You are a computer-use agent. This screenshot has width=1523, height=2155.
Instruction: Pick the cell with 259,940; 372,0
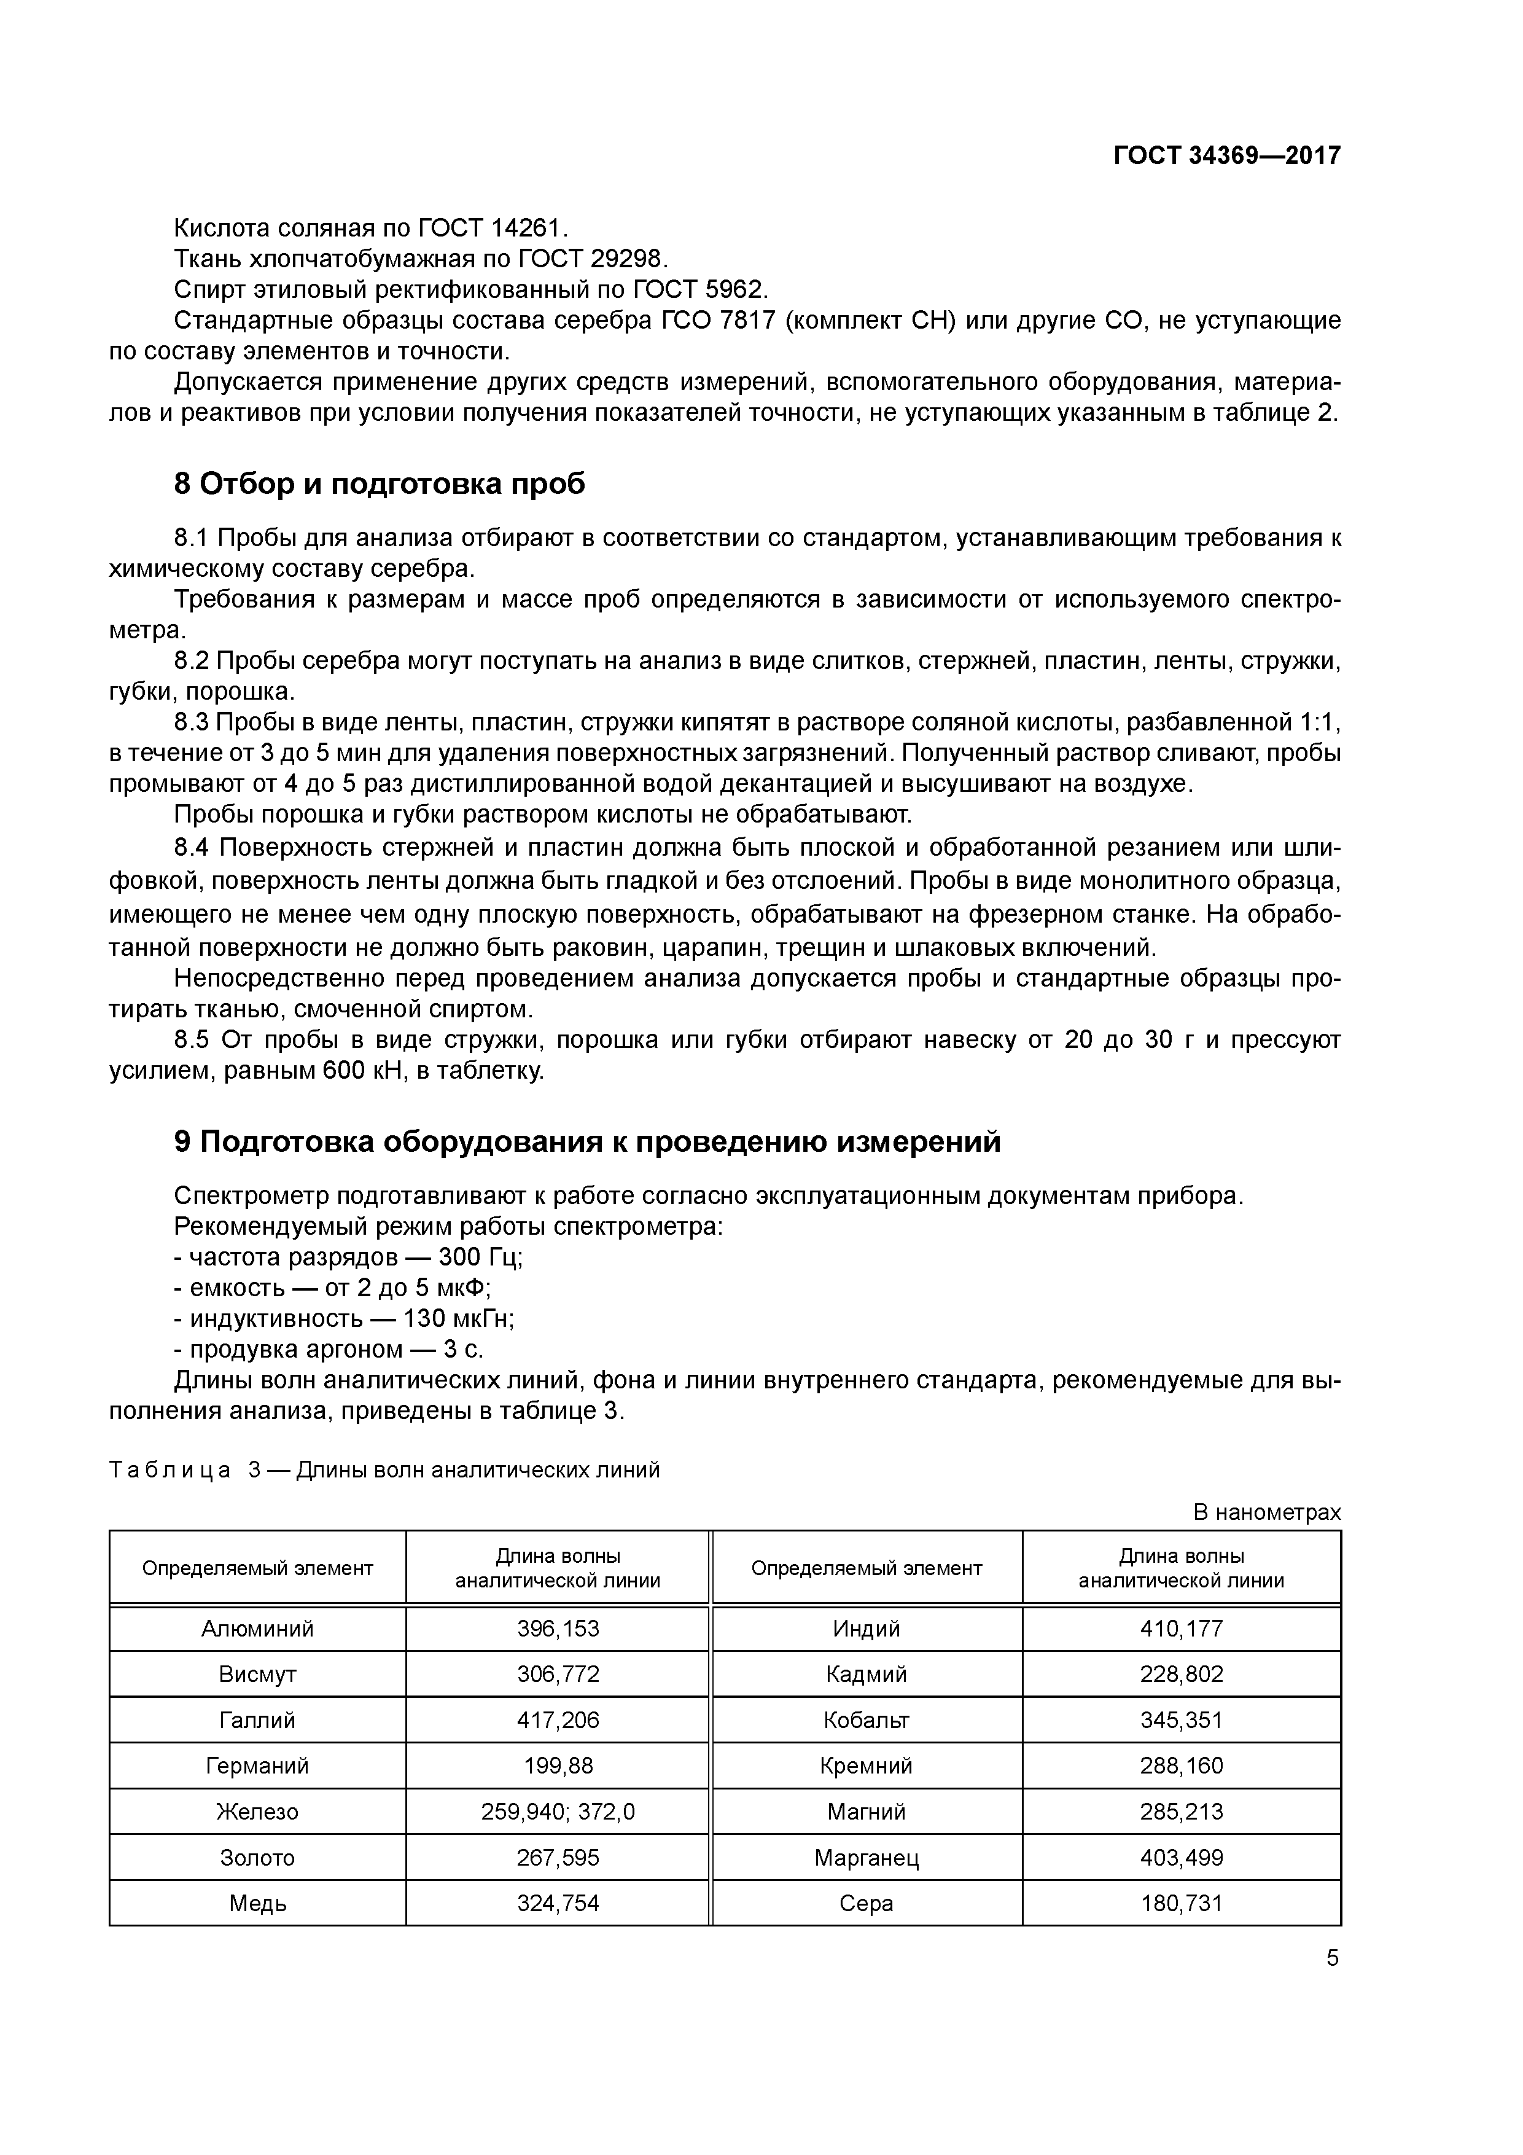coord(558,1812)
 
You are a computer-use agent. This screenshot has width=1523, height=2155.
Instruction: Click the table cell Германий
coord(257,1766)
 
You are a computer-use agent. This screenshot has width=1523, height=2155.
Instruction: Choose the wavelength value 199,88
coord(558,1766)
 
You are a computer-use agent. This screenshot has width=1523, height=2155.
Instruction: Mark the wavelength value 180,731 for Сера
coord(1182,1903)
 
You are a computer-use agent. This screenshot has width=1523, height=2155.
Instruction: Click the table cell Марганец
coord(866,1858)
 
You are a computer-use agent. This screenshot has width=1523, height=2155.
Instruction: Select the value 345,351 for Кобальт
coord(1182,1719)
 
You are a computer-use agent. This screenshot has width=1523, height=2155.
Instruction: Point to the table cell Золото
coord(257,1858)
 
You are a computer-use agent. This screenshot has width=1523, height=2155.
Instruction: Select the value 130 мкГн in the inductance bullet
coord(458,1319)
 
